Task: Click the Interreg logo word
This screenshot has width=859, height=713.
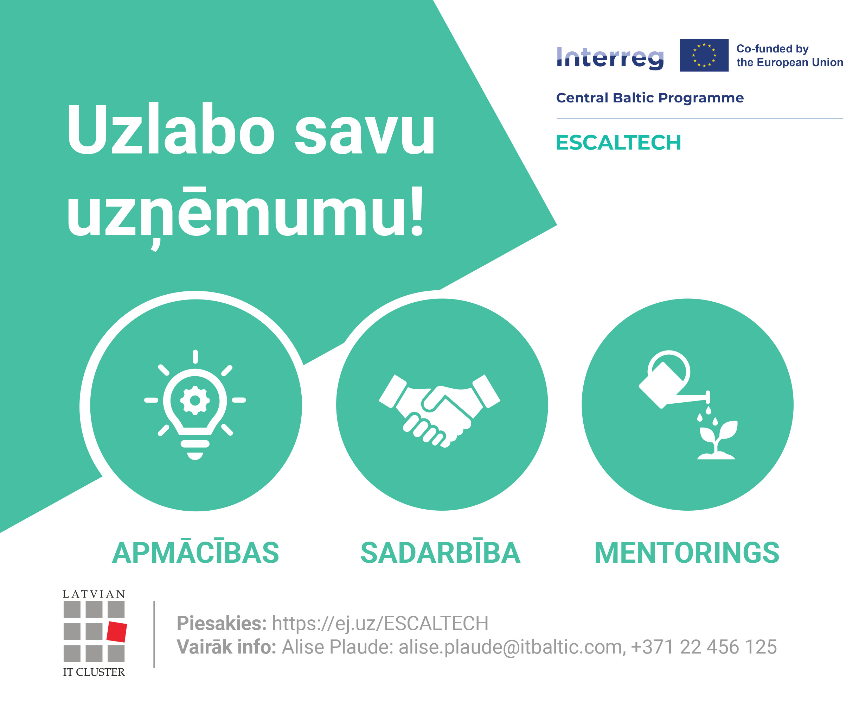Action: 610,58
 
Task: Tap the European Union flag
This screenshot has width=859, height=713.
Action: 704,55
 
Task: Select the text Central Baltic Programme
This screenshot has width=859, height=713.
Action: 649,98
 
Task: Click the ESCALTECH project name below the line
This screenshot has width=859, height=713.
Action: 618,143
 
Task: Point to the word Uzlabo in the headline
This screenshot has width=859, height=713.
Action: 171,130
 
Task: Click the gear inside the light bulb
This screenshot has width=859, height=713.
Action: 195,400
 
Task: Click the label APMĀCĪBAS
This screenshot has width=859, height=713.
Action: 195,553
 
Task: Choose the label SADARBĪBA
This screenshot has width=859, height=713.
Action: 440,553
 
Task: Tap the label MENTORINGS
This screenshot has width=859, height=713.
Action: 687,553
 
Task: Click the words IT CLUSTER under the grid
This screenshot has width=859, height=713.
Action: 94,672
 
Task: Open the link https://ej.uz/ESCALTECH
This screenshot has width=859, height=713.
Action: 380,623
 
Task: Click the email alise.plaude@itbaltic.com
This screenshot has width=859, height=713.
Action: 512,647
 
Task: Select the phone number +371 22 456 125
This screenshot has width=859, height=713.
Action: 704,647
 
